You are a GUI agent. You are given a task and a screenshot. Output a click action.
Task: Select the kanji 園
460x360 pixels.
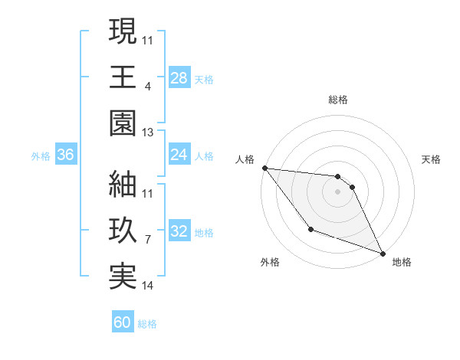coord(123,123)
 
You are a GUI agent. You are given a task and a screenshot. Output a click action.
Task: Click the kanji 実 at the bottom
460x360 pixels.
coord(123,277)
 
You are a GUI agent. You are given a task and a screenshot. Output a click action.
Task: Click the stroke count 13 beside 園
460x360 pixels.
coord(148,133)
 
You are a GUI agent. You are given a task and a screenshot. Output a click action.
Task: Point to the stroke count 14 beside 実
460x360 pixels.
coord(148,286)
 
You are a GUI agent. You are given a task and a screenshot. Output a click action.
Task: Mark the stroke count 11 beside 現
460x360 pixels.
coord(148,39)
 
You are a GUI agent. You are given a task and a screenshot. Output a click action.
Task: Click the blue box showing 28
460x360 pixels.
coord(179,77)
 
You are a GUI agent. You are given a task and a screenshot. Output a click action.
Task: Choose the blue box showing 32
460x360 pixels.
coord(179,231)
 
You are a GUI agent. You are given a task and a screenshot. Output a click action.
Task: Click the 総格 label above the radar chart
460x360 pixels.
coord(338,100)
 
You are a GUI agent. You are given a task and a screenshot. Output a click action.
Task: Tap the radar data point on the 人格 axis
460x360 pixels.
coord(264,168)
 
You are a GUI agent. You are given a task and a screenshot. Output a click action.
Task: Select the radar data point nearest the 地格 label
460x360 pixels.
coord(383,253)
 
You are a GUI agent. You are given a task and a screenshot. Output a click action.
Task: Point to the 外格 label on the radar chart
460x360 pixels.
coord(270,262)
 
